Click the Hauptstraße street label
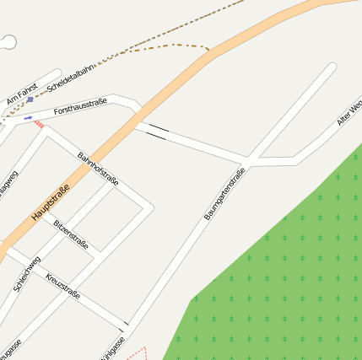[x=50, y=203]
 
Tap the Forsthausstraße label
[x=80, y=107]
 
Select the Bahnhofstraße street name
[x=98, y=169]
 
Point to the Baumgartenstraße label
[x=224, y=195]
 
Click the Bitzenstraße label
[x=71, y=234]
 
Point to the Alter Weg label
[x=349, y=115]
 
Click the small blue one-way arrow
[x=28, y=118]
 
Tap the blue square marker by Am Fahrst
[x=30, y=99]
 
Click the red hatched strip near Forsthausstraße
[x=39, y=125]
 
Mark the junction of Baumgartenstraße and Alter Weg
[x=249, y=159]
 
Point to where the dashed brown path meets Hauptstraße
[x=208, y=51]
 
